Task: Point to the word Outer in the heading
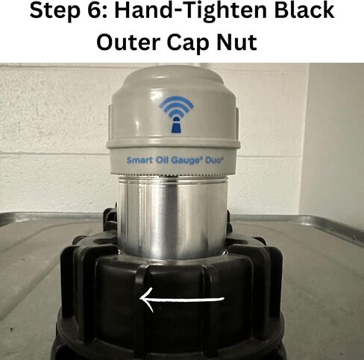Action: coord(129,42)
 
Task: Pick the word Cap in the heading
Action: coord(189,43)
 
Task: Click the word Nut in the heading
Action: coord(236,42)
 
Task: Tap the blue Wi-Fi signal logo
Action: coord(176,114)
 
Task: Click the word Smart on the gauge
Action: coord(139,160)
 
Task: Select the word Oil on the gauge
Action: coord(162,160)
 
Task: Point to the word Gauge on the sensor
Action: coord(186,161)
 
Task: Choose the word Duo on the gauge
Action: coord(213,161)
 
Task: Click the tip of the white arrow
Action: coord(141,298)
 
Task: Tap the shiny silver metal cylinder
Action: coord(172,217)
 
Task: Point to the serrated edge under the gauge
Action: coord(172,175)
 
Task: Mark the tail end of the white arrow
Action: coord(224,299)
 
